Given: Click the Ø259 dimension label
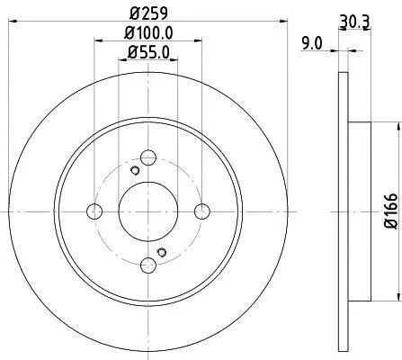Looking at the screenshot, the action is tap(148, 13).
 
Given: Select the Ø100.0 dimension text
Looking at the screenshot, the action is tap(148, 33).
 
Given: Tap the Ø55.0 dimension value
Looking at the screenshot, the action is tap(148, 52).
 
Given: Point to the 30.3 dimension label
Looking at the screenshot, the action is tap(355, 22).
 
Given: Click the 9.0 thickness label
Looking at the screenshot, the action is tap(312, 44).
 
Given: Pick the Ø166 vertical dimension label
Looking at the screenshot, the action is tap(391, 211).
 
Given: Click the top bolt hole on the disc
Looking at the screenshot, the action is tap(148, 157).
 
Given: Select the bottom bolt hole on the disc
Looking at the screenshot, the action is tap(148, 265).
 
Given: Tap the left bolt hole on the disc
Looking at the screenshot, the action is tap(94, 211).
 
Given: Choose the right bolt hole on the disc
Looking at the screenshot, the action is tap(202, 211).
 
